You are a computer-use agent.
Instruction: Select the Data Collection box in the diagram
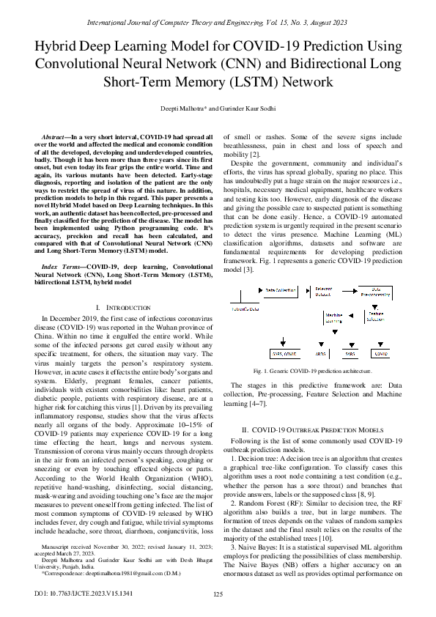pyautogui.click(x=280, y=291)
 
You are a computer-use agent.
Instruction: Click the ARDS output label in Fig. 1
pyautogui.click(x=320, y=352)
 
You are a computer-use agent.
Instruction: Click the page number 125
pyautogui.click(x=218, y=594)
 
